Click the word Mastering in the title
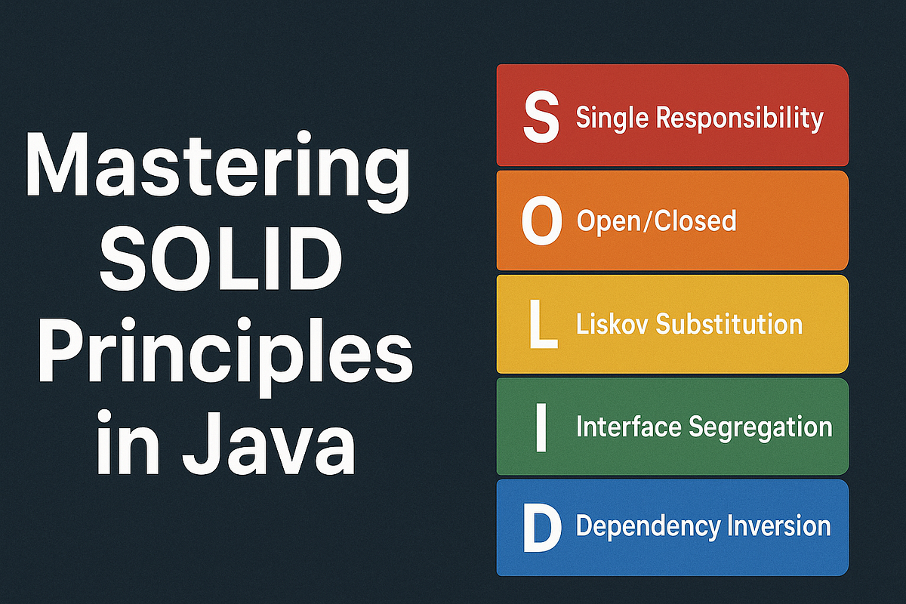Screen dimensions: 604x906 click(x=218, y=175)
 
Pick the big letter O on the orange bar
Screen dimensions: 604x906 click(x=542, y=221)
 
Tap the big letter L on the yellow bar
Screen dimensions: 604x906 click(x=541, y=325)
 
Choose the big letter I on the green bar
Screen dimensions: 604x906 click(x=541, y=427)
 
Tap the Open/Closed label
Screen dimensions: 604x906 click(x=656, y=221)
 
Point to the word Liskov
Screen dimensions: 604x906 click(x=612, y=324)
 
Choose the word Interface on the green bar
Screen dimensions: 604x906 click(x=629, y=427)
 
